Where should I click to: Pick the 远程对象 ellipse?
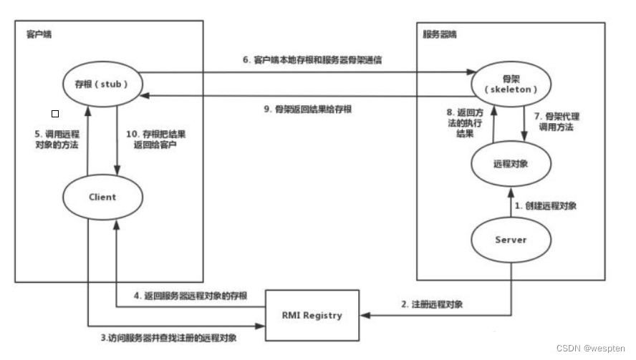[x=511, y=162]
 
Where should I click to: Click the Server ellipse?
[x=511, y=240]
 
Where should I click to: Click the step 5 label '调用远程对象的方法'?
[x=57, y=140]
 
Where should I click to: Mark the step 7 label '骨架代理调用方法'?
[x=558, y=122]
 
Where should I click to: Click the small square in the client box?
[x=55, y=113]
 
